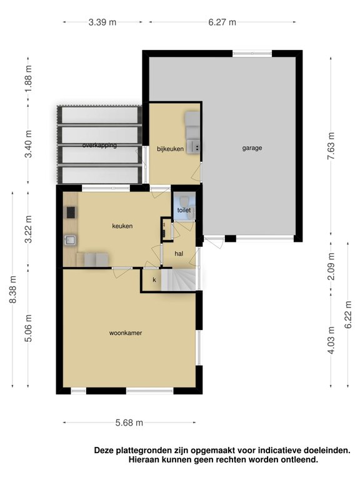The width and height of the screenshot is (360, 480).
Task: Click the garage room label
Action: (x=252, y=148)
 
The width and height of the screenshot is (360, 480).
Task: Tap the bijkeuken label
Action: (x=170, y=149)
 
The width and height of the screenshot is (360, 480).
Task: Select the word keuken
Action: (x=122, y=226)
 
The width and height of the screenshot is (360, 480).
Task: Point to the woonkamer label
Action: (x=126, y=333)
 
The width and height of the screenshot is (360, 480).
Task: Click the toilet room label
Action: (x=184, y=210)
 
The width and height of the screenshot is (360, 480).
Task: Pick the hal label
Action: (x=179, y=254)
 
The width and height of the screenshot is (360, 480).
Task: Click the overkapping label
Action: (x=99, y=145)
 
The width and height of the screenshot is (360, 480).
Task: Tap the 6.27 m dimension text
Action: (x=222, y=22)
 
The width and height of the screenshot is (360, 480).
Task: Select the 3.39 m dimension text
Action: (x=102, y=22)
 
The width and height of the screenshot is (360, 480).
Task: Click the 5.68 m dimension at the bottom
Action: (x=129, y=422)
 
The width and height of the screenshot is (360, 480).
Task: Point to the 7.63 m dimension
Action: (x=331, y=146)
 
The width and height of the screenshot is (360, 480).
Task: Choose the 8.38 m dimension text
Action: (x=13, y=289)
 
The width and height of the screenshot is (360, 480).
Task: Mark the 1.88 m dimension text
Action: (x=29, y=79)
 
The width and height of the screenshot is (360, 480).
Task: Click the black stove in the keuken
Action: (x=71, y=212)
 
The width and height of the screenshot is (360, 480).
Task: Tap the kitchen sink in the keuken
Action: (x=71, y=241)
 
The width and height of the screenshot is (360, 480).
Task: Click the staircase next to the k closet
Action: (x=178, y=279)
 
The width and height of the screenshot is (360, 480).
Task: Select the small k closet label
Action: (x=154, y=280)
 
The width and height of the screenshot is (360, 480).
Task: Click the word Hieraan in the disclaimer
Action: (x=144, y=459)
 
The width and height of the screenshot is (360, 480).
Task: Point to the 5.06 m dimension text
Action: (x=29, y=328)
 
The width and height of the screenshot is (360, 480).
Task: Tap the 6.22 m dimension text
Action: (x=348, y=315)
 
